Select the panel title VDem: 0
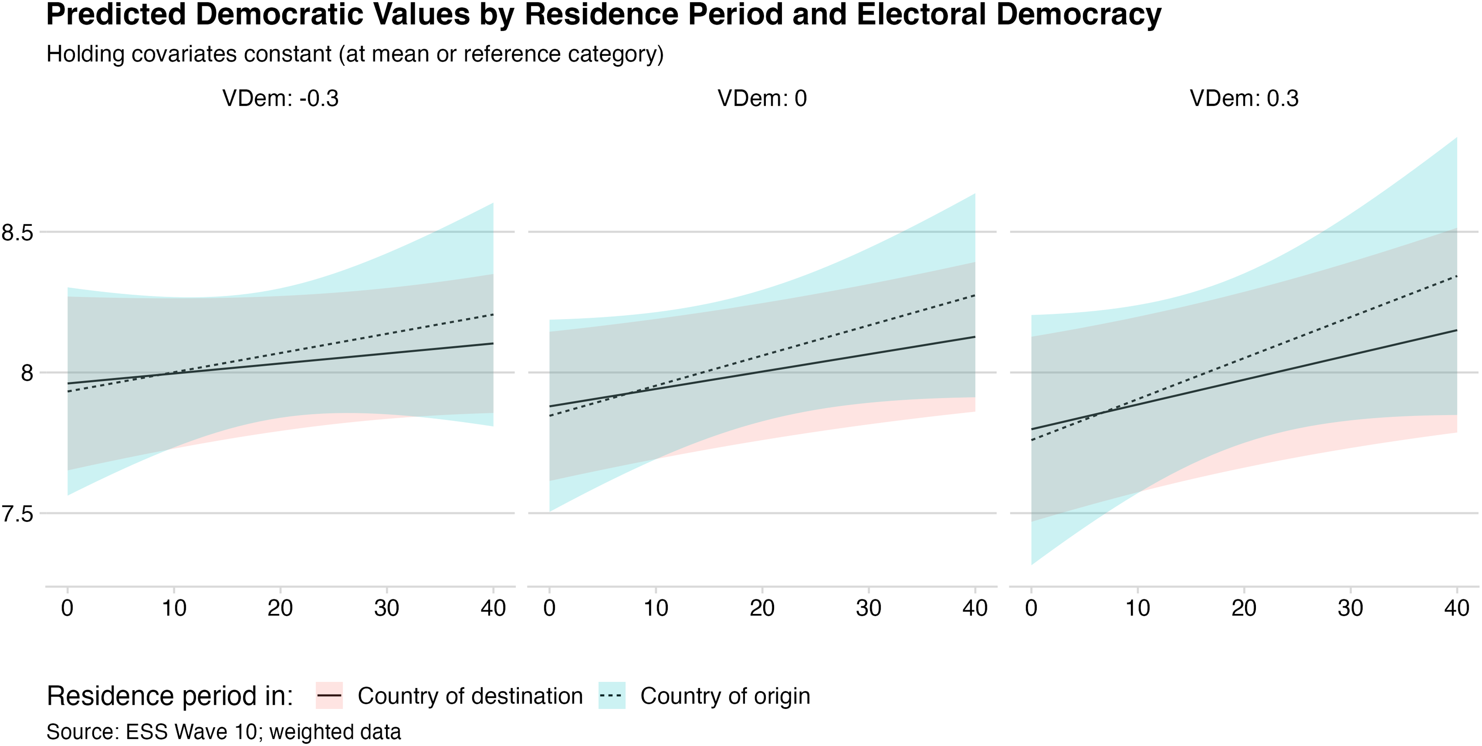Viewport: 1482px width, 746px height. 762,98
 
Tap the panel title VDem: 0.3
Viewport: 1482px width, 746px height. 1244,98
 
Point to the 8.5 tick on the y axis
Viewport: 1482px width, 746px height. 17,233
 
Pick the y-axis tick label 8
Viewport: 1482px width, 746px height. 27,373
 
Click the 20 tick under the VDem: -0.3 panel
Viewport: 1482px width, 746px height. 280,608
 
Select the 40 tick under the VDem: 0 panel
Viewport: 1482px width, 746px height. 975,608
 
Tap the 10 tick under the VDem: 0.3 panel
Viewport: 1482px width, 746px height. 1137,608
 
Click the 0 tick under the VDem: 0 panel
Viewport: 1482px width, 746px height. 549,608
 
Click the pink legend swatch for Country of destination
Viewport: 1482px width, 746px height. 329,696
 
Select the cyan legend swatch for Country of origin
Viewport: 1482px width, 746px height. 612,696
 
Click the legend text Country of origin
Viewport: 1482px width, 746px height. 725,696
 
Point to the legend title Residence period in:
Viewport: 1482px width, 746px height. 170,696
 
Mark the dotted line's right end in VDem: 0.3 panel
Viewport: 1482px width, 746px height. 1456,276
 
